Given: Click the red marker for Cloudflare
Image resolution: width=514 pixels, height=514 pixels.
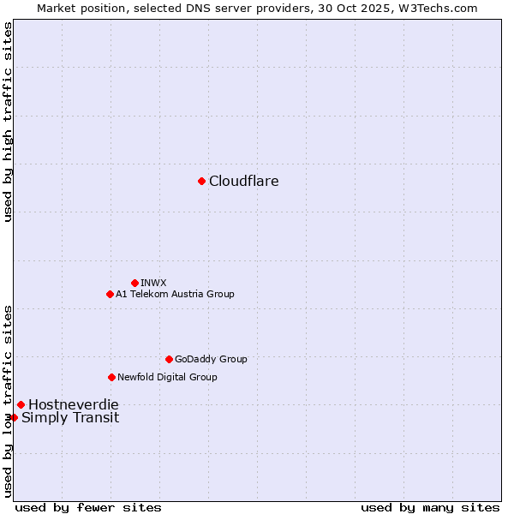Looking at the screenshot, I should (201, 181).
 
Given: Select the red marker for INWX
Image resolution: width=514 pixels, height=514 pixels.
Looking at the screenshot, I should (134, 283).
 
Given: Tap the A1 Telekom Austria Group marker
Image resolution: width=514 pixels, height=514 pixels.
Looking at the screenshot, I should (110, 294).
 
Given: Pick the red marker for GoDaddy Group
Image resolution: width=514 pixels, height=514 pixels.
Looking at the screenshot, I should (169, 359).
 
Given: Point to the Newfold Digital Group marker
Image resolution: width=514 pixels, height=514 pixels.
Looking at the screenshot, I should (111, 377).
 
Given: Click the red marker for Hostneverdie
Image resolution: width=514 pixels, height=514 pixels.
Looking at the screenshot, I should (21, 404).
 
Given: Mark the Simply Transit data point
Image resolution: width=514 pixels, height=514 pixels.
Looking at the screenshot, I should (14, 417).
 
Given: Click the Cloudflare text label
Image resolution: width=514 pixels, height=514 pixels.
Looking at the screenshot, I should (243, 181).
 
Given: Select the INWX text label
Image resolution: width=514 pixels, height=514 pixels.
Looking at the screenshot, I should (153, 283).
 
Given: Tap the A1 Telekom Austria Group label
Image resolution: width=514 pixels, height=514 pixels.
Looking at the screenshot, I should (175, 294).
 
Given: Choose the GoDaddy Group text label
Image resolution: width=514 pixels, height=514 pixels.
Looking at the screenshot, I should (211, 359).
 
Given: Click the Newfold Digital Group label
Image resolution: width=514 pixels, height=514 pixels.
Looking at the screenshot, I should (167, 377).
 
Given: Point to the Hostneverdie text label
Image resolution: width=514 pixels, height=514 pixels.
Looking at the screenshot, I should (73, 404).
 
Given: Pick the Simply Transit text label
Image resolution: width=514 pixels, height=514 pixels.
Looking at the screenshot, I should (70, 418).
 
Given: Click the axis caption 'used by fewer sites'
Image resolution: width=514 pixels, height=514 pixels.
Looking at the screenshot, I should (88, 507).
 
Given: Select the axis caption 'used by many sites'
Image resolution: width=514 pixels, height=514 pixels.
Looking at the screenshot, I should (430, 507).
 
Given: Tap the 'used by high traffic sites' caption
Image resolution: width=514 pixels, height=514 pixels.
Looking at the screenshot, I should (8, 122).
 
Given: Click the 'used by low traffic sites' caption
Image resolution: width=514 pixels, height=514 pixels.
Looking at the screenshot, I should (8, 400).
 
